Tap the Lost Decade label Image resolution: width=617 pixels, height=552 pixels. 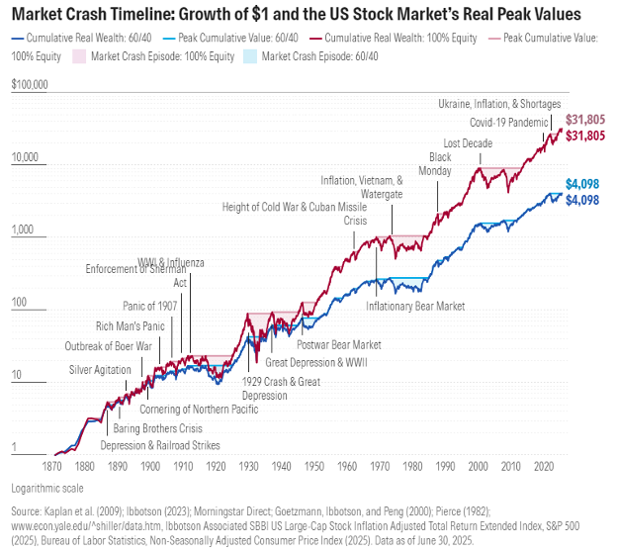click(468, 143)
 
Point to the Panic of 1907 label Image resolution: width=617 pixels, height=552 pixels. click(149, 306)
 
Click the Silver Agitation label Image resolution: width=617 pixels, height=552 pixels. click(100, 369)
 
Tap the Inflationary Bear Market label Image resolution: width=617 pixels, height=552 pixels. click(415, 307)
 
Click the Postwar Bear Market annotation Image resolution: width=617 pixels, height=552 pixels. click(339, 344)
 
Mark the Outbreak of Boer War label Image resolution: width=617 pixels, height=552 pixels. click(108, 346)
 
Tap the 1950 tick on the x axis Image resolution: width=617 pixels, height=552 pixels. click(312, 466)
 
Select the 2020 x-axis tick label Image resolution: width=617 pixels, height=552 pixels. click(543, 466)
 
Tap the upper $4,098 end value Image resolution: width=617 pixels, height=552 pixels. click(583, 183)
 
